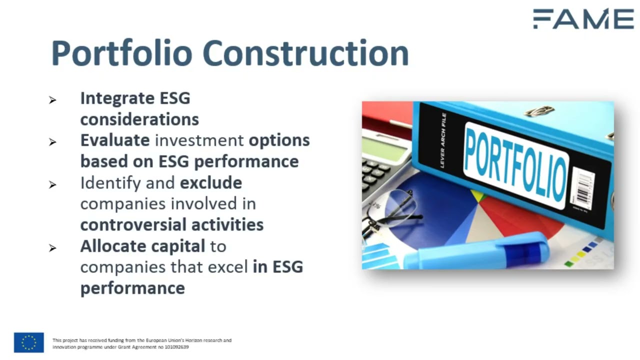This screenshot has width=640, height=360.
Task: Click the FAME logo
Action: tap(583, 19)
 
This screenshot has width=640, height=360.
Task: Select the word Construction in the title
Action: tap(305, 53)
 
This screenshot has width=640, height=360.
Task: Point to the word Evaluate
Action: tap(115, 140)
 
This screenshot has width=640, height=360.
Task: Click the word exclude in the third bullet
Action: tap(211, 183)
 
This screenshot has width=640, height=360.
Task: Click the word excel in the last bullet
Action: tap(226, 267)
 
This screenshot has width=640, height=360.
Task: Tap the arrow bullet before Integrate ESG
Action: tap(52, 100)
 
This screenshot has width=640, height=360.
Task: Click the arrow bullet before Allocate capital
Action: tap(52, 248)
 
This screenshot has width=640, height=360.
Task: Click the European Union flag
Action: tap(29, 342)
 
